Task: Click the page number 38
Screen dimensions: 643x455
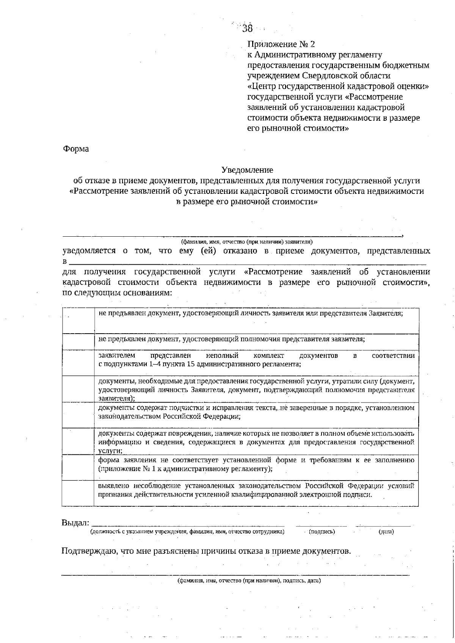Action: [247, 28]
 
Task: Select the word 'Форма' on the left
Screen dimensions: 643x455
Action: [75, 149]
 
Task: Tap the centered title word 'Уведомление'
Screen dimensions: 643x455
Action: [247, 170]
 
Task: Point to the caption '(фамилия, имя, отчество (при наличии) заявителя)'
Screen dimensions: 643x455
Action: [246, 241]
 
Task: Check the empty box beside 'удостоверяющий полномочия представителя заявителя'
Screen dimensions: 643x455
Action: [78, 341]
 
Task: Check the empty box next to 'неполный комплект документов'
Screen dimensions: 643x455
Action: [78, 362]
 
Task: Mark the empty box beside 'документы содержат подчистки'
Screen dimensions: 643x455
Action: [78, 415]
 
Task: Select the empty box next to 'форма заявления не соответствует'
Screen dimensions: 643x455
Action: [78, 467]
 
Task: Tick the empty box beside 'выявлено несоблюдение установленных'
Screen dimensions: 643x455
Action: [78, 493]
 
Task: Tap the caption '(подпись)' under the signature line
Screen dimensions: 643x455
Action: [322, 532]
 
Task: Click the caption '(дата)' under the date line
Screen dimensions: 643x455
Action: [386, 532]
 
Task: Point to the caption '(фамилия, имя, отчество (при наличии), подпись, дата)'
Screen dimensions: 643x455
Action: [249, 581]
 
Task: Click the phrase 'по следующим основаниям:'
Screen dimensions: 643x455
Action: [117, 293]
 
